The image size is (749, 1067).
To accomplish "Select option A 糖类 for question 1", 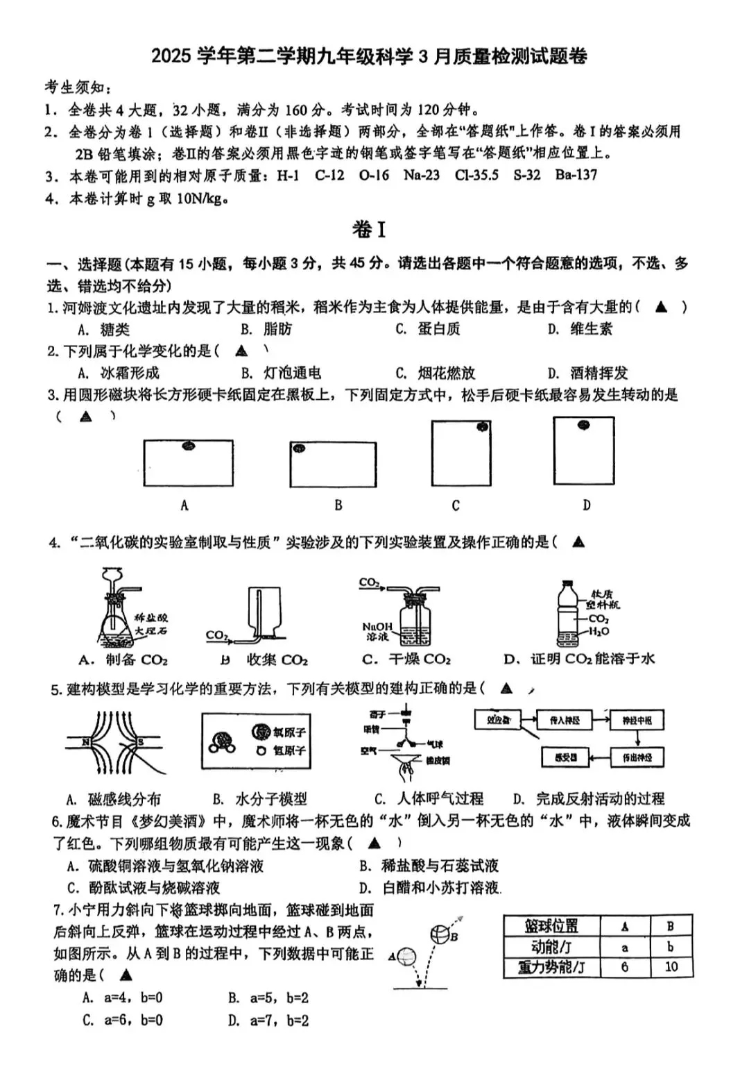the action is [105, 329].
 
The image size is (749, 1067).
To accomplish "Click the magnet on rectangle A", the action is [188, 446].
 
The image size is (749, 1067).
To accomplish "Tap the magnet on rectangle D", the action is [584, 425].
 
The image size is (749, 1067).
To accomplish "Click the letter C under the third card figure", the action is [456, 505].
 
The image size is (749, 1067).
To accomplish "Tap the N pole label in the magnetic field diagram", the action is [87, 742].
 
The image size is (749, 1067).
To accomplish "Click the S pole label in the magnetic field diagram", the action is [140, 742].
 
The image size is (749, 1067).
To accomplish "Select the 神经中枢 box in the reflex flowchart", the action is [637, 721].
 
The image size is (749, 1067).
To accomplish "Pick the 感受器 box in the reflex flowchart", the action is [566, 757].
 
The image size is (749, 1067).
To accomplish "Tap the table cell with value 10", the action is [671, 966].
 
